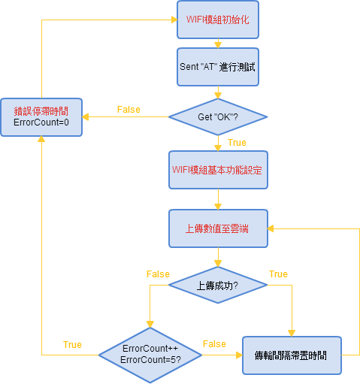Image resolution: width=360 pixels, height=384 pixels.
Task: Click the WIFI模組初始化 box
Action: [218, 20]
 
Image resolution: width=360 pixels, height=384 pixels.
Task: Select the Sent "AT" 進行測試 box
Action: [218, 67]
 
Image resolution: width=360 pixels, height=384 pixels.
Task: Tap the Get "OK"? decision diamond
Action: [218, 117]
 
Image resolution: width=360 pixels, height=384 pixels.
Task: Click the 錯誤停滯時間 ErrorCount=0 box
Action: [41, 117]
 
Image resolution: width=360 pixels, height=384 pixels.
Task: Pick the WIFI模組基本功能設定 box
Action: [218, 170]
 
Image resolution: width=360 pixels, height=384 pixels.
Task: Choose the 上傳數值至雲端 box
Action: [218, 228]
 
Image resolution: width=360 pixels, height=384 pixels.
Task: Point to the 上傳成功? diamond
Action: [218, 285]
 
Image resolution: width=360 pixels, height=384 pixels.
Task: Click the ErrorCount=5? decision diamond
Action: [150, 355]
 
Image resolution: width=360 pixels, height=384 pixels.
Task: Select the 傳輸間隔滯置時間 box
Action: [292, 355]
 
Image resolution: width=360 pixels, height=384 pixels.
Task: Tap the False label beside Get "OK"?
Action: [129, 110]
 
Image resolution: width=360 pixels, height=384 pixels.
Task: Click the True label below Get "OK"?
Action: [237, 143]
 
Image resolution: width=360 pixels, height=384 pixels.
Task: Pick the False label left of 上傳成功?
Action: [158, 274]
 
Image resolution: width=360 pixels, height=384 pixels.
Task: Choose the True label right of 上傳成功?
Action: [278, 274]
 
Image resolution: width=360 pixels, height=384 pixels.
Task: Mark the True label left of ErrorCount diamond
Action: [72, 345]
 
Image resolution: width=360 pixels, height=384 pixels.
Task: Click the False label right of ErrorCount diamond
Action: [214, 344]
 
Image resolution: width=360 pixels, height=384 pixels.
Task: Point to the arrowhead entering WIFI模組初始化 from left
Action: [174, 20]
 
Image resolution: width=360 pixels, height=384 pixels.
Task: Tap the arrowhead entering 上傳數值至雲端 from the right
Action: [271, 228]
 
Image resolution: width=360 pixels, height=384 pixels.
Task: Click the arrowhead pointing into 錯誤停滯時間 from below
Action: [41, 139]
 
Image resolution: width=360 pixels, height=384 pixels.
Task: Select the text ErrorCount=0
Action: [41, 122]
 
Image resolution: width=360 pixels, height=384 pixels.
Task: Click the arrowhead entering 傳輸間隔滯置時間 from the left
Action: [240, 355]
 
